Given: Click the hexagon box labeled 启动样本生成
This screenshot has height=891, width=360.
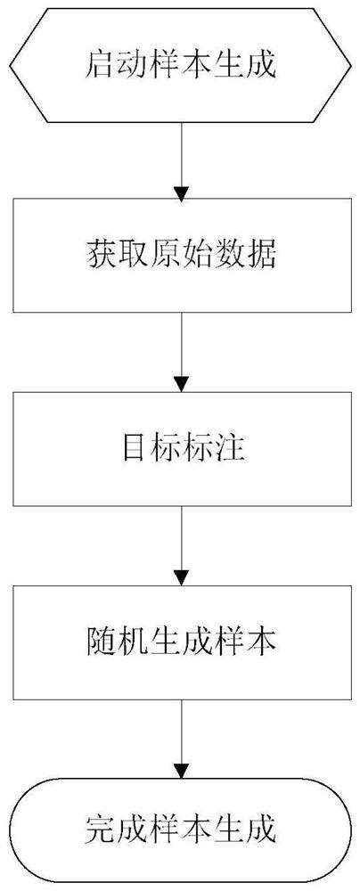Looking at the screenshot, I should tap(181, 64).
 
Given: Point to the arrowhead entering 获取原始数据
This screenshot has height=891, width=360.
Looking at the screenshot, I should tap(181, 191).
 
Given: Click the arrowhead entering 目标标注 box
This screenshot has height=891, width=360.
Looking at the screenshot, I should tap(181, 383).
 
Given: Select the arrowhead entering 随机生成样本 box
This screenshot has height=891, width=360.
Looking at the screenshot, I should tap(181, 576).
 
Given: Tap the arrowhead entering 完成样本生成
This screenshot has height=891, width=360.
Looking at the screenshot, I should tap(181, 769).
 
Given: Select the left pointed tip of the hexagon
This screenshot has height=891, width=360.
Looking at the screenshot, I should tap(11, 64).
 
